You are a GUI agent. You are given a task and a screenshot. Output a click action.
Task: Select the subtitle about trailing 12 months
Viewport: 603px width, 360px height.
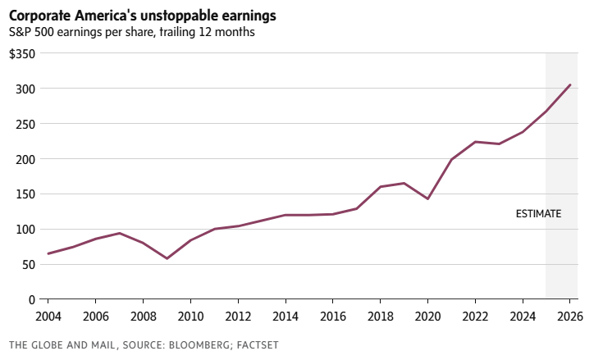(131, 33)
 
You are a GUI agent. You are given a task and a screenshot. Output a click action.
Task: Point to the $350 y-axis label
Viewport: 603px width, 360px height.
(22, 53)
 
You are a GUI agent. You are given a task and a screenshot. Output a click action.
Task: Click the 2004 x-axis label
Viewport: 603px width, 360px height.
(48, 316)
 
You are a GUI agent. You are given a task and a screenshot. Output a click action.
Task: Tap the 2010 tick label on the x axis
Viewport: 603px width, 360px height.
(190, 316)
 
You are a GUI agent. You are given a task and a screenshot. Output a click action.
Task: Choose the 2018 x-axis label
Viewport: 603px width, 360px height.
(380, 316)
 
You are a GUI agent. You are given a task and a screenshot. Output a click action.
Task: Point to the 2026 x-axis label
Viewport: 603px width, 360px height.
(569, 316)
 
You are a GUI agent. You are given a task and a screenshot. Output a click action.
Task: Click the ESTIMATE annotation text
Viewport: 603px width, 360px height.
(538, 214)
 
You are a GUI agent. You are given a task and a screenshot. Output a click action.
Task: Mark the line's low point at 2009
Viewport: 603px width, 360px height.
(167, 258)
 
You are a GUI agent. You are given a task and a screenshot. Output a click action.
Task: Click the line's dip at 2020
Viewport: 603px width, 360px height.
(427, 198)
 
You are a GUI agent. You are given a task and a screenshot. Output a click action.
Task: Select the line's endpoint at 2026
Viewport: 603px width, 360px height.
(570, 84)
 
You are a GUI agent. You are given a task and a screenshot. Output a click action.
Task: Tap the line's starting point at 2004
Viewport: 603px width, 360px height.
(48, 253)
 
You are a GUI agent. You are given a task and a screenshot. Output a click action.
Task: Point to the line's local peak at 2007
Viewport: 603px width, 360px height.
(120, 233)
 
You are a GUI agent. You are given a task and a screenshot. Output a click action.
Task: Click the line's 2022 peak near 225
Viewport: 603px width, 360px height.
(475, 142)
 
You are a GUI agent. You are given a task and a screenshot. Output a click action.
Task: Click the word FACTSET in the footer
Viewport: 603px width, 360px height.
(254, 345)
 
